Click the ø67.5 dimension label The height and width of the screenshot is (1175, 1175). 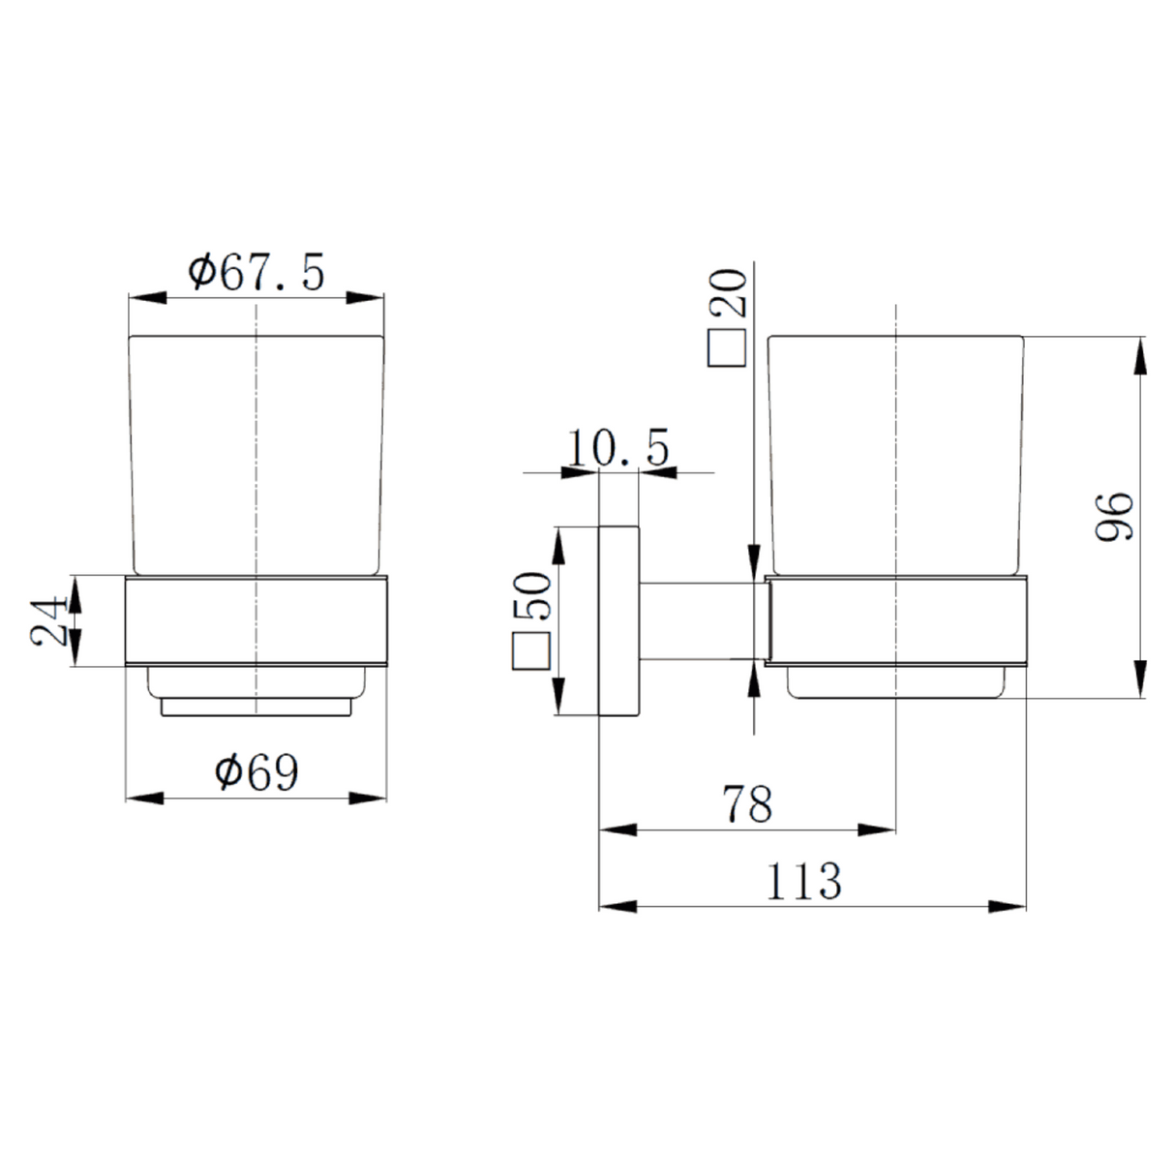pyautogui.click(x=256, y=273)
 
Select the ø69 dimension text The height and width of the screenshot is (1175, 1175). pyautogui.click(x=256, y=772)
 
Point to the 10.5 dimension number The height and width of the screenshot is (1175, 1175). pyautogui.click(x=618, y=447)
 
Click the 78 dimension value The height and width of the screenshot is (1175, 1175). pyautogui.click(x=747, y=803)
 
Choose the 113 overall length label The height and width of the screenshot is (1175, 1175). pyautogui.click(x=803, y=881)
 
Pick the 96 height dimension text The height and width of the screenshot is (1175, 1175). pyautogui.click(x=1114, y=517)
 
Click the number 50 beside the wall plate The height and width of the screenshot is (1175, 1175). pyautogui.click(x=532, y=596)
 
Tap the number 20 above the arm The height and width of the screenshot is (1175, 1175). pyautogui.click(x=728, y=293)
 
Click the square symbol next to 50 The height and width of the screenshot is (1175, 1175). pyautogui.click(x=531, y=651)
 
